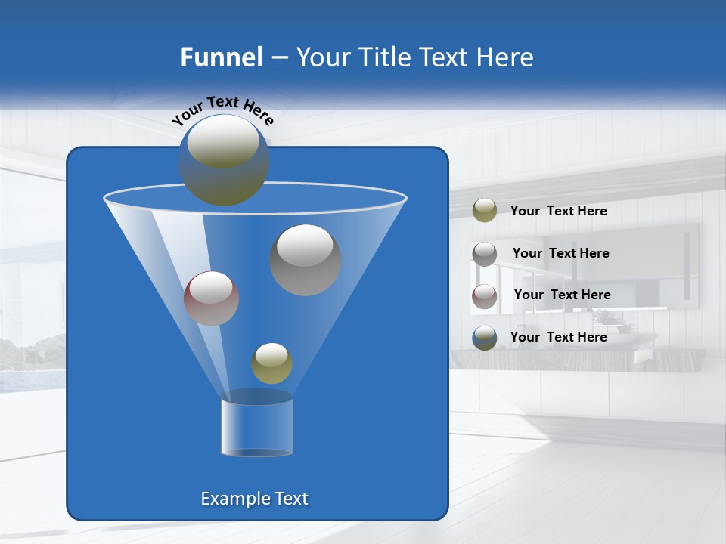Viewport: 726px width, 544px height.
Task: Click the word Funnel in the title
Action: click(x=221, y=57)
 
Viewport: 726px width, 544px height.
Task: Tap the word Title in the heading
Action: click(x=384, y=57)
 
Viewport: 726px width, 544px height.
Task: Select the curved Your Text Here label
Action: click(x=222, y=110)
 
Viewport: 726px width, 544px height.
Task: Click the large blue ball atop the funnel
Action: click(x=224, y=160)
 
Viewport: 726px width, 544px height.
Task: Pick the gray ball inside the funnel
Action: click(x=305, y=260)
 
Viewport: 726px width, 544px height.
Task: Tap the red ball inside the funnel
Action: click(x=211, y=298)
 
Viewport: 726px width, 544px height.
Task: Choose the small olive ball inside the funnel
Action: click(x=271, y=363)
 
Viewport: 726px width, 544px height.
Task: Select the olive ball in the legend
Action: click(x=485, y=211)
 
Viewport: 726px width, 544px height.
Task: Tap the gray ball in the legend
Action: click(x=485, y=253)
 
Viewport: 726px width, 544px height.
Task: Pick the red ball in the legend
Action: click(x=485, y=295)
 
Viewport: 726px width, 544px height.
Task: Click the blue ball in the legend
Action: click(x=485, y=337)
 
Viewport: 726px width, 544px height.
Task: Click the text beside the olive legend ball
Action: click(x=558, y=211)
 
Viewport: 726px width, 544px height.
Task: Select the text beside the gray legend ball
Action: click(x=560, y=253)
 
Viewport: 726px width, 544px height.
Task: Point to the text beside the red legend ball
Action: click(x=562, y=295)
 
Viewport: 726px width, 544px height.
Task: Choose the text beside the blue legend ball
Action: click(x=558, y=337)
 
